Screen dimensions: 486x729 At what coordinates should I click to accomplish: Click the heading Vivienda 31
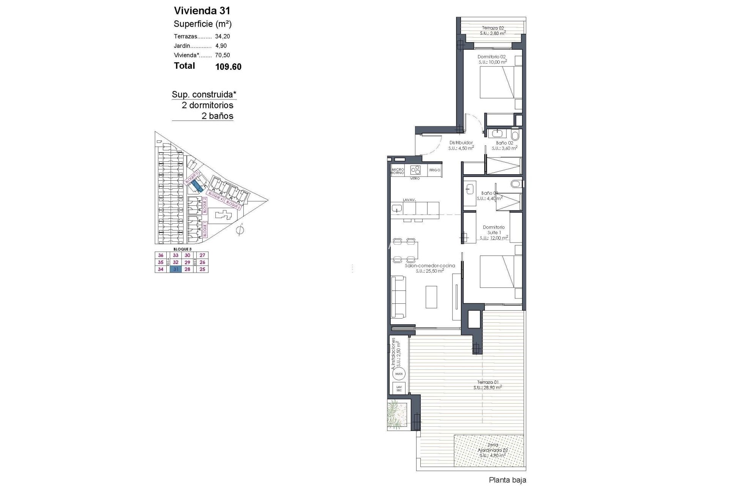202,10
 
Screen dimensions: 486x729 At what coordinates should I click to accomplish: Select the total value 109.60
228,67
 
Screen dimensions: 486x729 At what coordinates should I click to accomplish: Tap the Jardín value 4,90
221,46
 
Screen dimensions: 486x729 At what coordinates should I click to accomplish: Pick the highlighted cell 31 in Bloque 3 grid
176,269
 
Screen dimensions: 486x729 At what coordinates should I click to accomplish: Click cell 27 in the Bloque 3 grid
202,256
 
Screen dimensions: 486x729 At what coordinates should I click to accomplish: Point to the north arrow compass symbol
240,230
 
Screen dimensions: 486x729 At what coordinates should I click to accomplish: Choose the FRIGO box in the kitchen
435,170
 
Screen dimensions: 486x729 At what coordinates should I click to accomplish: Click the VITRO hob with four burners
415,170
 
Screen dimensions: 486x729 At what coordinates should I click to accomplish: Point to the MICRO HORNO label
398,171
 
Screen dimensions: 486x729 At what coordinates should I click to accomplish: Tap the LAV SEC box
399,388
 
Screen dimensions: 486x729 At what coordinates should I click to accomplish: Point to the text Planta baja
507,480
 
